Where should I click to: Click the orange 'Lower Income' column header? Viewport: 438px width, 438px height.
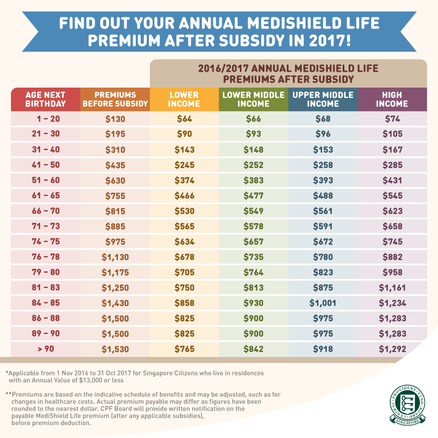[x=184, y=99]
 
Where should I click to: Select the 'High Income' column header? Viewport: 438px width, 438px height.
[x=392, y=99]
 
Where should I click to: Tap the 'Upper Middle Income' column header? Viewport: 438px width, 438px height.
[x=322, y=99]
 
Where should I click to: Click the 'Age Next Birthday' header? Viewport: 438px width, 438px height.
[x=45, y=99]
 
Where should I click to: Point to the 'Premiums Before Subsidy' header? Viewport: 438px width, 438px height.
[x=115, y=99]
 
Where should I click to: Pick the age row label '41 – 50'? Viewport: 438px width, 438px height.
[x=45, y=165]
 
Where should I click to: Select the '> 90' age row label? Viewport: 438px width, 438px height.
[x=45, y=349]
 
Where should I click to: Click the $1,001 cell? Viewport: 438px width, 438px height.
[x=322, y=303]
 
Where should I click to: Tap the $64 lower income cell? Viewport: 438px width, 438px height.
[x=184, y=119]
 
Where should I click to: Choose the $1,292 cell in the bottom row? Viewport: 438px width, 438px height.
[x=392, y=349]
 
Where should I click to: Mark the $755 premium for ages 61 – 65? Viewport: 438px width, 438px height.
[x=115, y=195]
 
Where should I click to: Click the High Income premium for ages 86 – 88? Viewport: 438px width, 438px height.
[x=392, y=318]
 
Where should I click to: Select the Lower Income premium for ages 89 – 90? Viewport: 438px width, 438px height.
[x=184, y=333]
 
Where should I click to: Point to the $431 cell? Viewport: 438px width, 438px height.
[x=392, y=180]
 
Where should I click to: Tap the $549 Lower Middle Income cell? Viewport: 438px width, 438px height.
[x=253, y=211]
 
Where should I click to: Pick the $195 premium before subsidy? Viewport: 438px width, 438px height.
[x=115, y=134]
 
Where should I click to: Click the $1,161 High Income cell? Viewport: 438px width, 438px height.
[x=392, y=287]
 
